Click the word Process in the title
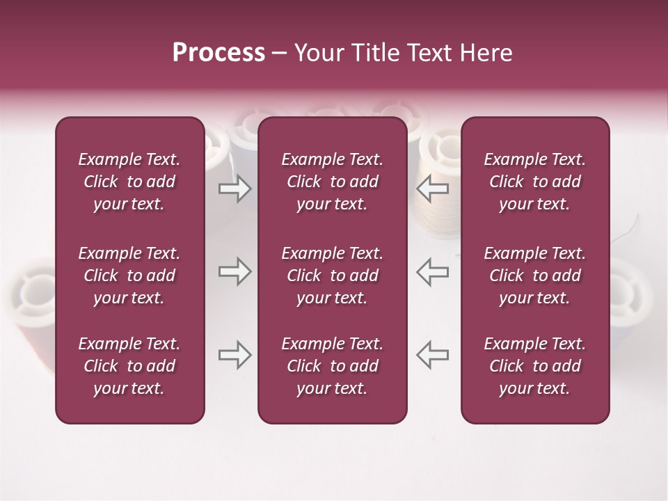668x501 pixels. pos(218,53)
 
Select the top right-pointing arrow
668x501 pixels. pos(234,189)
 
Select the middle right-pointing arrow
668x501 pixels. pos(234,271)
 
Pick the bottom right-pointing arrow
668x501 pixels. pos(234,355)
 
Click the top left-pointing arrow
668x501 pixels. pos(433,189)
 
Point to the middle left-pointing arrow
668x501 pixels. pos(433,271)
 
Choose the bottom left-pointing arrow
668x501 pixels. pos(433,355)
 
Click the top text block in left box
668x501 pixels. pos(129,182)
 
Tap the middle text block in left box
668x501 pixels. pos(129,276)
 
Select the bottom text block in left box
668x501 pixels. pos(129,366)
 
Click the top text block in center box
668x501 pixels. pos(332,182)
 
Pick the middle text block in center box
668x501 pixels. pos(332,276)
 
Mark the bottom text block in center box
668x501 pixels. pos(332,366)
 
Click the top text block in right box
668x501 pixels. pos(534,182)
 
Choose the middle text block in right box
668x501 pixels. pos(534,276)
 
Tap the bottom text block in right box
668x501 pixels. pos(534,366)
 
